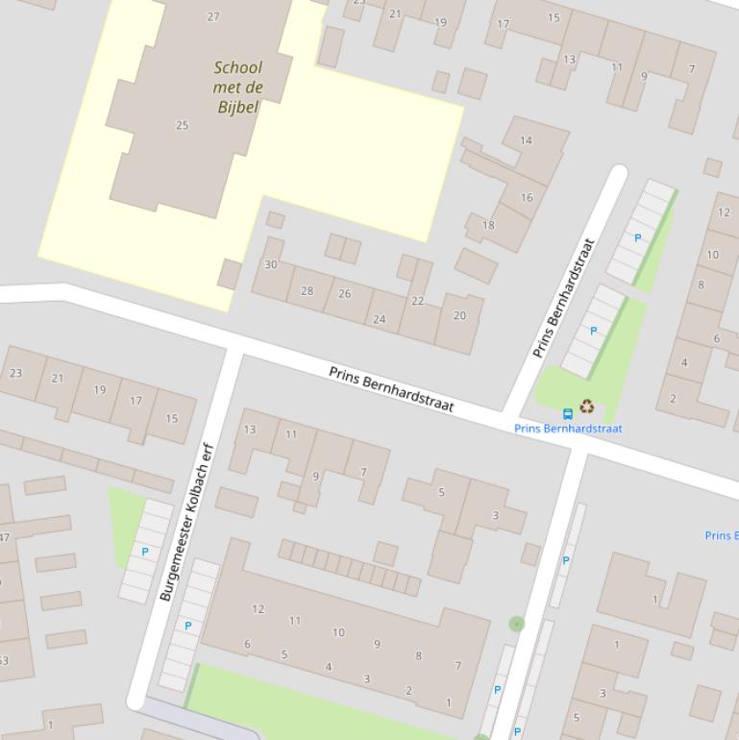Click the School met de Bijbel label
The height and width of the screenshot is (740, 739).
click(237, 86)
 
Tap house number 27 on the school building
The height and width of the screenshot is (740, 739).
click(213, 16)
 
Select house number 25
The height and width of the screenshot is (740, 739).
click(183, 125)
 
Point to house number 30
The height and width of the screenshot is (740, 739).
click(271, 265)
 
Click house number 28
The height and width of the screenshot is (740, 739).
click(308, 290)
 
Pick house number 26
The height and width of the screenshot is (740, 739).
click(344, 294)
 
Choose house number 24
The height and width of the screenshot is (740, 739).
click(380, 319)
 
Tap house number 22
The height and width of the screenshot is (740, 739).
click(417, 301)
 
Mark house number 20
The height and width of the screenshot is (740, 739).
click(459, 315)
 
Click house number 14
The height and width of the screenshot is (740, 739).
click(526, 140)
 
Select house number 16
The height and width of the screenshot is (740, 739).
click(527, 198)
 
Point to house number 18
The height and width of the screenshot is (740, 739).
click(488, 226)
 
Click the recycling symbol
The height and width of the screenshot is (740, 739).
click(586, 407)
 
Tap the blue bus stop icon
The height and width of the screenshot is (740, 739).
click(568, 413)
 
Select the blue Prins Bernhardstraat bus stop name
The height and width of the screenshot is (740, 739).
click(568, 429)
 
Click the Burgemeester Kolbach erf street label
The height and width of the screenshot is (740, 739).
click(185, 522)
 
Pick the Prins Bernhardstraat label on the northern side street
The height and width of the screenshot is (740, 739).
click(564, 298)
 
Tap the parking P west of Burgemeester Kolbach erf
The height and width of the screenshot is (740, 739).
click(145, 552)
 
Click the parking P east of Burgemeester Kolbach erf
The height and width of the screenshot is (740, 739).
click(187, 626)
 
